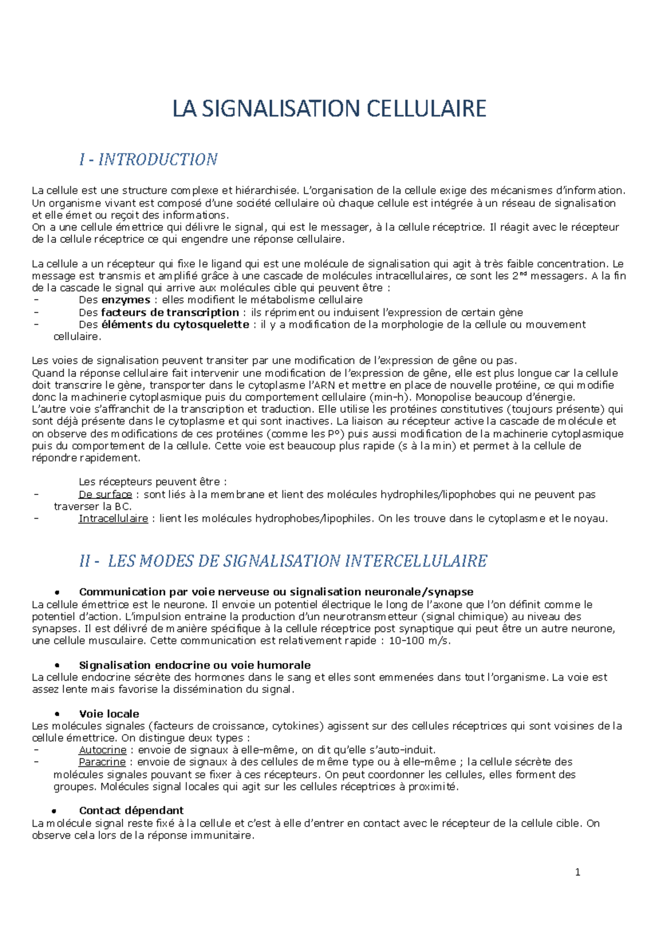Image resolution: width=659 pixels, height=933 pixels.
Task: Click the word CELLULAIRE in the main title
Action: (426, 108)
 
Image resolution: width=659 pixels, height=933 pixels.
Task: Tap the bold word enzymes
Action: (126, 300)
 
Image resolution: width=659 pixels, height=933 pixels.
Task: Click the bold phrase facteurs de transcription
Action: (170, 313)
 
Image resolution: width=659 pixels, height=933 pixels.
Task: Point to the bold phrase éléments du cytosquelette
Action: (176, 325)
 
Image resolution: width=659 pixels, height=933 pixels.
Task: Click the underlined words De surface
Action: (105, 495)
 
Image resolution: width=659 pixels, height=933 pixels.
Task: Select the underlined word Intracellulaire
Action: (113, 519)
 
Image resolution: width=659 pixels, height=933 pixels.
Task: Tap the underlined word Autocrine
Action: (103, 750)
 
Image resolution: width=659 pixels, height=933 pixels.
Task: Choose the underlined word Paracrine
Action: (102, 762)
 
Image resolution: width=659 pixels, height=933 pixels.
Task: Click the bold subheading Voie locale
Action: (109, 714)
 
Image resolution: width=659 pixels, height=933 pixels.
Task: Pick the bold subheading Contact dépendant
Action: (131, 810)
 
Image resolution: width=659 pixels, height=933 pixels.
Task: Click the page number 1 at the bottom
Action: (577, 872)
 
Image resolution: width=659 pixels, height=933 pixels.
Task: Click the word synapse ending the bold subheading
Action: (450, 592)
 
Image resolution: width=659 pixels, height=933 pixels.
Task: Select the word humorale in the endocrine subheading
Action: (284, 665)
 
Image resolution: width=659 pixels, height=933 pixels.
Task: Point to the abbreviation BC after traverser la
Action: (122, 507)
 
